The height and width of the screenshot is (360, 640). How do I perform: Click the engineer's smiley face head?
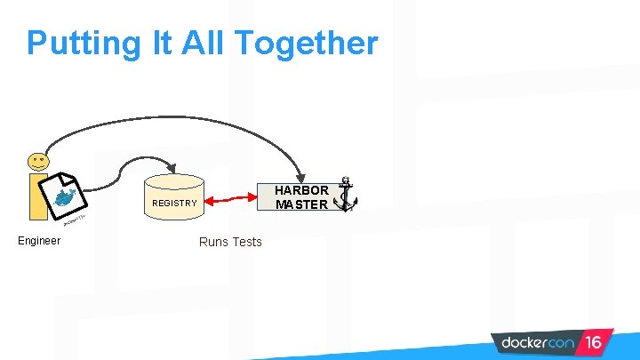38,162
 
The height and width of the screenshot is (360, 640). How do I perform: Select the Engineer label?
39,241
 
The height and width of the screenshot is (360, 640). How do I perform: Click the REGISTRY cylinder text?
174,204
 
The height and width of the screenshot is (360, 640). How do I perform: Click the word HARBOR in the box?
301,190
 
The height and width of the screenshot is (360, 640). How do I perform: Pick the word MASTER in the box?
301,204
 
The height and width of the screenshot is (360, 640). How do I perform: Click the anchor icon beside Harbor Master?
345,195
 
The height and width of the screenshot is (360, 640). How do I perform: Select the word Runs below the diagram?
214,242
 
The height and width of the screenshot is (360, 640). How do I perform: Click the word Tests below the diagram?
247,242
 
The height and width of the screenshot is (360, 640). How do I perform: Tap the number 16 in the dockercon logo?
593,342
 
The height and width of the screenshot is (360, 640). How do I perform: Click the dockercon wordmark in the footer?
539,342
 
